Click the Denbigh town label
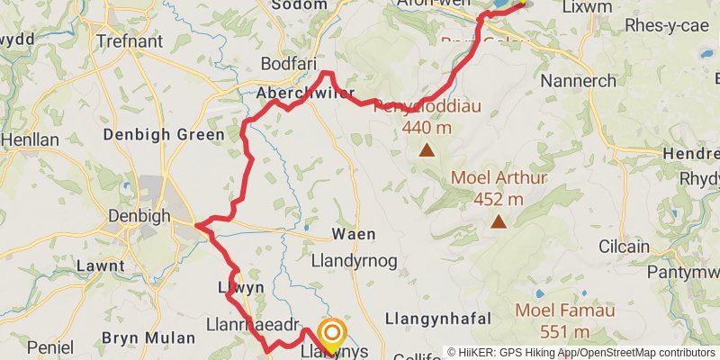(139, 216)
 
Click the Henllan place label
(30, 139)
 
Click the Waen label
(353, 234)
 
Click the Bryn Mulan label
(148, 337)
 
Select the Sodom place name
(298, 5)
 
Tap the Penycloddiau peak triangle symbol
(426, 150)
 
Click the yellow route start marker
(330, 336)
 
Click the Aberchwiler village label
(305, 94)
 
